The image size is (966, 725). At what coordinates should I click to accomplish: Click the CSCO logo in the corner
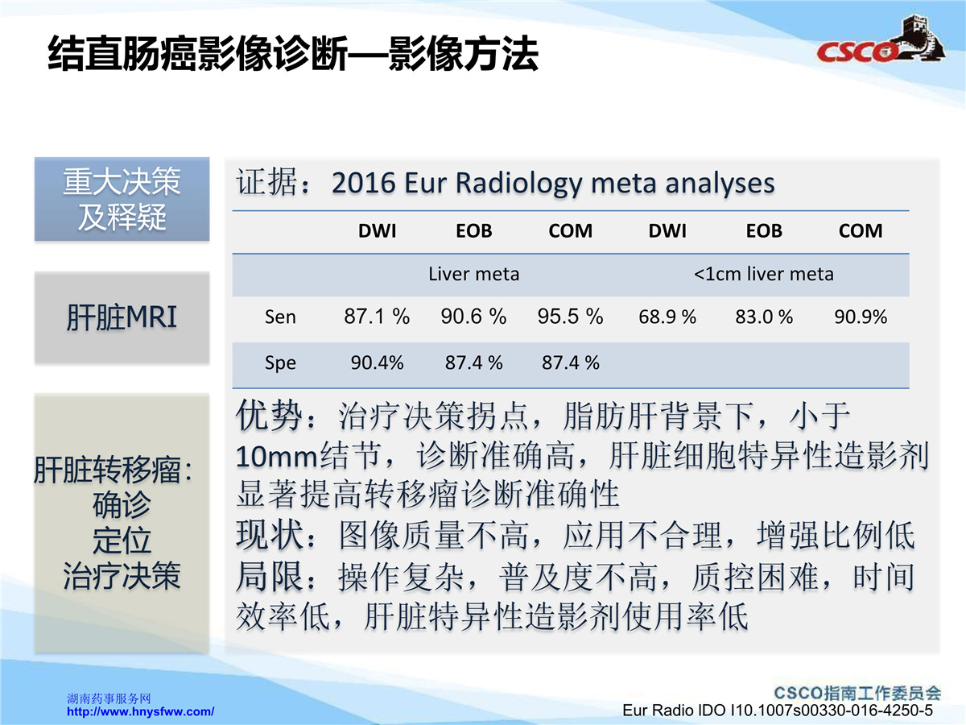[x=880, y=44]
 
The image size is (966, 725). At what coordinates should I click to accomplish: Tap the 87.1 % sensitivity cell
[x=377, y=317]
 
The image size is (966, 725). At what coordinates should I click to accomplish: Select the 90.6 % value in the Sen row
[x=473, y=317]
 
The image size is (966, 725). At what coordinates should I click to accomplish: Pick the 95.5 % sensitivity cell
[x=571, y=317]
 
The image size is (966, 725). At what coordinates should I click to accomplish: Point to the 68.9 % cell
[x=667, y=317]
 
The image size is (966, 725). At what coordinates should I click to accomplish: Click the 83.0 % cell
[x=764, y=317]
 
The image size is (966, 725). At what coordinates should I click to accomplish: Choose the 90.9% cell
[x=861, y=317]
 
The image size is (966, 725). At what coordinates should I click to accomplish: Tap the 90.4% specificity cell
[x=377, y=362]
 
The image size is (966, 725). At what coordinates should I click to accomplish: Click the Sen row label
[x=280, y=317]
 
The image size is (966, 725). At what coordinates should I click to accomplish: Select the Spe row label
[x=280, y=363]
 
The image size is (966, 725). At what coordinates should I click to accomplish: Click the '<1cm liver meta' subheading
[x=764, y=274]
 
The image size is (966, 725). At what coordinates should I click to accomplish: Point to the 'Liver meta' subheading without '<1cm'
[x=473, y=274]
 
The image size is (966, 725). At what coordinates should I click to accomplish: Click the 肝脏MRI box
[x=122, y=317]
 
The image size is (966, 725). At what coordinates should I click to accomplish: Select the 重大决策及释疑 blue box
[x=122, y=199]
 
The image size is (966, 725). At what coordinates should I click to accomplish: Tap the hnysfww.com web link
[x=140, y=711]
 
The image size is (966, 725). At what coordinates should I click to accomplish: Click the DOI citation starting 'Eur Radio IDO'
[x=777, y=710]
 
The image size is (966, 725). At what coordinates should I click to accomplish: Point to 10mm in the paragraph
[x=276, y=457]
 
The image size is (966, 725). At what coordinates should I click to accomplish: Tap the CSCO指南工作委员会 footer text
[x=857, y=693]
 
